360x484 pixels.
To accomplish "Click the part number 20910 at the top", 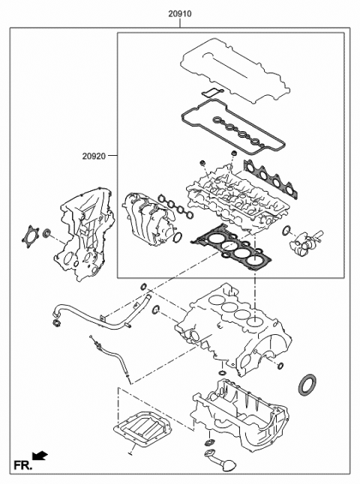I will click(180, 13).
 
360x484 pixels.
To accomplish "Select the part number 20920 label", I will click(94, 156).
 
